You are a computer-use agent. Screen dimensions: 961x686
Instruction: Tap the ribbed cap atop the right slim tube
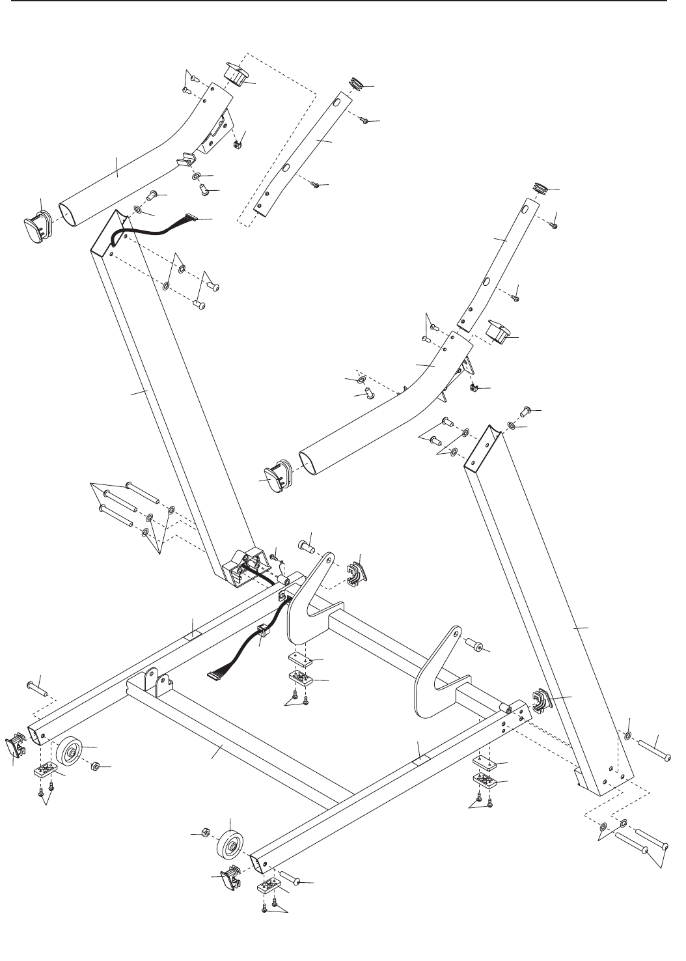point(542,189)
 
